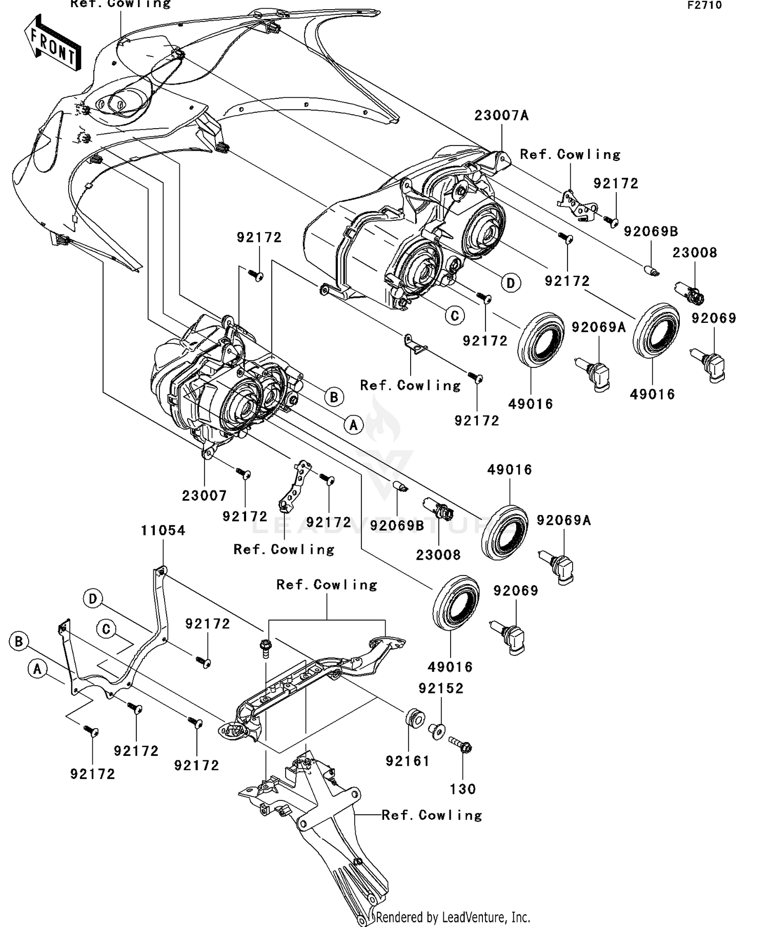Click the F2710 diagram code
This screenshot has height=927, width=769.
pyautogui.click(x=704, y=6)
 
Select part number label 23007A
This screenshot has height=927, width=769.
pyautogui.click(x=501, y=116)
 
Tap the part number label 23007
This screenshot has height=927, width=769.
pyautogui.click(x=204, y=496)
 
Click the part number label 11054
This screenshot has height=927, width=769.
pyautogui.click(x=163, y=530)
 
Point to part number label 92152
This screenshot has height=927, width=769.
pyautogui.click(x=441, y=688)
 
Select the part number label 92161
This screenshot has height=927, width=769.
pyautogui.click(x=408, y=761)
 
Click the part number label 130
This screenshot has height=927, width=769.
pyautogui.click(x=462, y=789)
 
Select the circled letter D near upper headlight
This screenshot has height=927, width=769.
pyautogui.click(x=511, y=283)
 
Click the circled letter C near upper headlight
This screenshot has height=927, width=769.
pyautogui.click(x=455, y=316)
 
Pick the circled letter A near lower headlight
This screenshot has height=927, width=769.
pyautogui.click(x=353, y=424)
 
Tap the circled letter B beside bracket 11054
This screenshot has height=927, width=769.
pyautogui.click(x=19, y=641)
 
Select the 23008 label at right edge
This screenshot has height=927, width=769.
pyautogui.click(x=695, y=253)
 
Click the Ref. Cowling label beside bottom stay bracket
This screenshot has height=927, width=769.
pyautogui.click(x=432, y=815)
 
